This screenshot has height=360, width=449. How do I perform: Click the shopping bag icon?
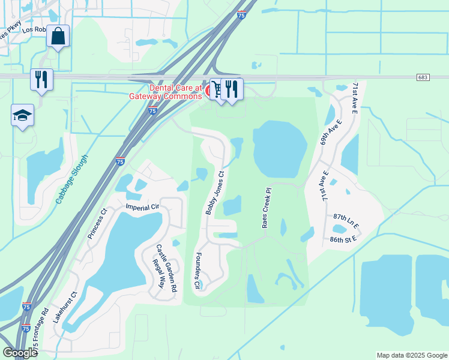click(58, 36)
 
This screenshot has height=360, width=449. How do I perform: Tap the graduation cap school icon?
click(22, 115)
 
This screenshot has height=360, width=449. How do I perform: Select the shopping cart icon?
click(218, 89)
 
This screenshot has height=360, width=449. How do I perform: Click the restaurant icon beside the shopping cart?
click(232, 89)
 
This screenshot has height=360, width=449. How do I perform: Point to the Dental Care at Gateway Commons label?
click(167, 91)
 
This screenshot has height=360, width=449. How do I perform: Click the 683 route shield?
click(423, 77)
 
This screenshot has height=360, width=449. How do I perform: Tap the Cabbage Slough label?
click(71, 179)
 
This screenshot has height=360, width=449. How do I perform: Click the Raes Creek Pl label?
click(267, 208)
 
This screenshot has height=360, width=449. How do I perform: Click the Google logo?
click(20, 353)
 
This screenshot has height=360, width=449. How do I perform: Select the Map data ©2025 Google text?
click(411, 355)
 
